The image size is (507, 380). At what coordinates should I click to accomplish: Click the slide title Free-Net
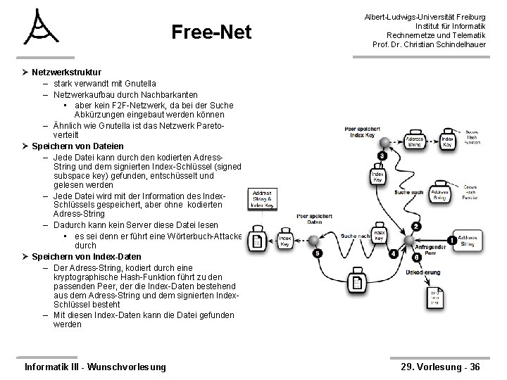pyautogui.click(x=212, y=32)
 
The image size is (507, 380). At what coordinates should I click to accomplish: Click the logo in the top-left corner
pyautogui.click(x=42, y=28)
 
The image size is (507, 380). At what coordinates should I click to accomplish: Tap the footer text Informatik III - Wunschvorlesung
pyautogui.click(x=96, y=366)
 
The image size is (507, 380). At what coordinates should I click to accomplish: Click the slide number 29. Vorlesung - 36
pyautogui.click(x=439, y=366)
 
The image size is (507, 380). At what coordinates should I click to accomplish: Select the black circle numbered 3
pyautogui.click(x=381, y=156)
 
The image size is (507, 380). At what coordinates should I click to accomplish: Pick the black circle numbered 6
pyautogui.click(x=417, y=258)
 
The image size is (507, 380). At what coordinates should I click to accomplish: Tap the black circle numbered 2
pyautogui.click(x=415, y=226)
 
